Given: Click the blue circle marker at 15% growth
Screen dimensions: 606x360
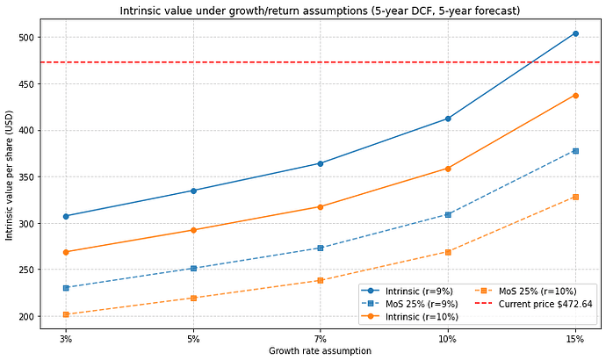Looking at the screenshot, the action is pyautogui.click(x=575, y=33).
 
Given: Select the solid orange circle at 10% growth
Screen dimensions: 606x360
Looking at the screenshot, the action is pyautogui.click(x=448, y=169).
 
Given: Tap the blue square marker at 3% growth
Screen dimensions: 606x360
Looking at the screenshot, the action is pyautogui.click(x=66, y=288).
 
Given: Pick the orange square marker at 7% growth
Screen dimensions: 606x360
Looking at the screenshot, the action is pyautogui.click(x=321, y=280).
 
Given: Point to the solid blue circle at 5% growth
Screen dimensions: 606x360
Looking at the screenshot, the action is pyautogui.click(x=193, y=191).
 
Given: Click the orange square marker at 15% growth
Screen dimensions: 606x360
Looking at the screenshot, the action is pyautogui.click(x=575, y=197).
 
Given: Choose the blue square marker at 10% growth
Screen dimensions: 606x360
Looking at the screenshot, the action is pyautogui.click(x=448, y=214).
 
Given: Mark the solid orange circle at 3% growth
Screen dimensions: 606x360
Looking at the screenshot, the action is pyautogui.click(x=66, y=252).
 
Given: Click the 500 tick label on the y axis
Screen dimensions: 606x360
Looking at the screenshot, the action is pyautogui.click(x=26, y=38).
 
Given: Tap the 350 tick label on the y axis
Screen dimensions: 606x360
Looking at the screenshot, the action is pyautogui.click(x=26, y=176).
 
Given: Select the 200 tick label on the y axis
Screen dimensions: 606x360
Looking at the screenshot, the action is pyautogui.click(x=26, y=316).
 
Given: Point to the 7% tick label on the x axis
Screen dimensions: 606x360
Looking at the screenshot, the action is pyautogui.click(x=321, y=339).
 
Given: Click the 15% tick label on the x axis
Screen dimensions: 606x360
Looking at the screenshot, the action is pyautogui.click(x=575, y=339).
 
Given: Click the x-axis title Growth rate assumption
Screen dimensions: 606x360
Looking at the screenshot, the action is pyautogui.click(x=320, y=350).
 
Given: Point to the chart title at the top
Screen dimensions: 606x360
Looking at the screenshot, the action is pyautogui.click(x=320, y=11).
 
